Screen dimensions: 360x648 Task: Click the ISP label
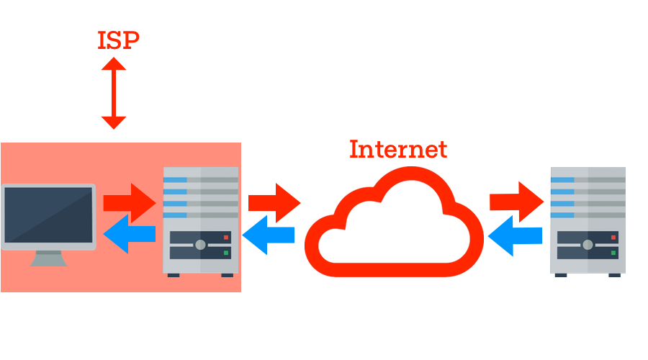tap(118, 40)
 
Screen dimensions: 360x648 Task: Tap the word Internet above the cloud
tap(398, 149)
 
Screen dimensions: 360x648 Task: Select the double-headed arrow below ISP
tap(114, 94)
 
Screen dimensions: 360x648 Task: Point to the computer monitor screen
tap(48, 214)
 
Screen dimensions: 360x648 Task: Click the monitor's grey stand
tap(48, 258)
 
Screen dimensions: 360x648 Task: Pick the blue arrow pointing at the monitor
tap(130, 233)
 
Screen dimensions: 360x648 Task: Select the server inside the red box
tap(200, 220)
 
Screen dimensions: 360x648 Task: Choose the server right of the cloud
tap(587, 220)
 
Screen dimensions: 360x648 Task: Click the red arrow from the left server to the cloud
tap(274, 202)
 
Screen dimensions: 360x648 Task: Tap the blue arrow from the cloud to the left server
tap(268, 235)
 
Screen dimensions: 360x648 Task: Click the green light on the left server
tap(226, 253)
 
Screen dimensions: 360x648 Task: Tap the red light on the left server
tap(226, 237)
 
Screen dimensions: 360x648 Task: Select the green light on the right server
tap(613, 253)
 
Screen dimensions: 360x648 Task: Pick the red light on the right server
tap(613, 236)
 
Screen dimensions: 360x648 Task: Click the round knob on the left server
tap(200, 245)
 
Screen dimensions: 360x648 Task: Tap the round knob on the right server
tap(587, 245)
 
